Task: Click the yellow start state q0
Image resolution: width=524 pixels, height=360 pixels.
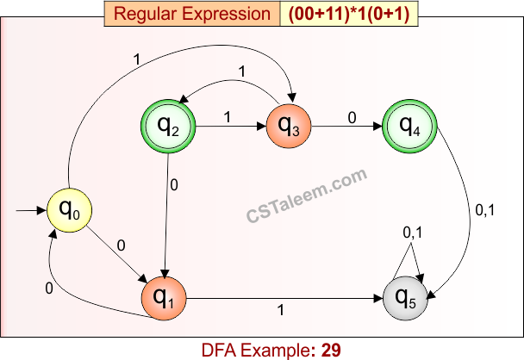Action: pos(70,208)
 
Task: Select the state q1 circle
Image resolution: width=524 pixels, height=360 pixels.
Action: pos(164,298)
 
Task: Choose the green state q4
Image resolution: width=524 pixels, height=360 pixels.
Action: pos(408,126)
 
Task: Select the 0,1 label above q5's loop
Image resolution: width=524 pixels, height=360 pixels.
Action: pos(414,232)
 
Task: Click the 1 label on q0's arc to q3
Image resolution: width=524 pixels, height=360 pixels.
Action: pos(137,60)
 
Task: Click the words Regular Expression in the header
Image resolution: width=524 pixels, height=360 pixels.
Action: pos(191,14)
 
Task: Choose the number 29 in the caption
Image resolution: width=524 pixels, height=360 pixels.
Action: pos(331,350)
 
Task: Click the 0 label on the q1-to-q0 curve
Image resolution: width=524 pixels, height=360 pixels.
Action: pos(49,289)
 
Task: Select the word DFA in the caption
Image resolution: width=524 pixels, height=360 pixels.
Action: pos(220,350)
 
